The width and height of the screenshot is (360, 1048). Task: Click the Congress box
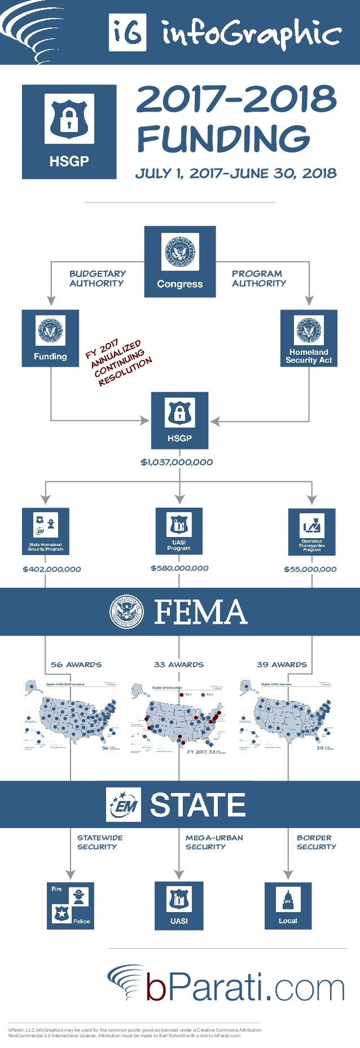tap(179, 262)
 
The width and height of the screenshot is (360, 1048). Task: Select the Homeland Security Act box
tap(309, 338)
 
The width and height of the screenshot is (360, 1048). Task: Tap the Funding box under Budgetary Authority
tap(50, 338)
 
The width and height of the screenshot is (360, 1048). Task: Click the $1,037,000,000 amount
tap(177, 462)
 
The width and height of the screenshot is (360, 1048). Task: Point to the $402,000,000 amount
tap(52, 569)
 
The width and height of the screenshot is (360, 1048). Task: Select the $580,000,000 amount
tap(179, 568)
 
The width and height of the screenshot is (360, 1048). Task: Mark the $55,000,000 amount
tap(310, 569)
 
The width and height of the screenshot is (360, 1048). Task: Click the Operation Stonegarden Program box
tap(311, 531)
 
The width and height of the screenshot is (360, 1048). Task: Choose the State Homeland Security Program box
tap(46, 531)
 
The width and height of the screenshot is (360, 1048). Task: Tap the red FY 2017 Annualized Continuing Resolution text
tap(118, 363)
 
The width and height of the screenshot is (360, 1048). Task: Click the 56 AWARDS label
tap(76, 664)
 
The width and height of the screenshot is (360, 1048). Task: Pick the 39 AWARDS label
tap(282, 664)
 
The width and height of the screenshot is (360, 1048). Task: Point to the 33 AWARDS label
tap(179, 664)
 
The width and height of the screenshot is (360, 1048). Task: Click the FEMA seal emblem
tap(128, 612)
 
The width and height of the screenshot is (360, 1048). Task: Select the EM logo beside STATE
tap(124, 804)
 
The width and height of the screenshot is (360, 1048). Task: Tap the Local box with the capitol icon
tap(288, 905)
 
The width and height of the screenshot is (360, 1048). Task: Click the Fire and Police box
tap(71, 905)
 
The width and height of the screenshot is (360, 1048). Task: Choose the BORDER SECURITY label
tap(316, 842)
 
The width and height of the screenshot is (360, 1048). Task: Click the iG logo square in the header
tap(128, 33)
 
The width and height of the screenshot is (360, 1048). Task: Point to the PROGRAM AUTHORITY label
tap(258, 278)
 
